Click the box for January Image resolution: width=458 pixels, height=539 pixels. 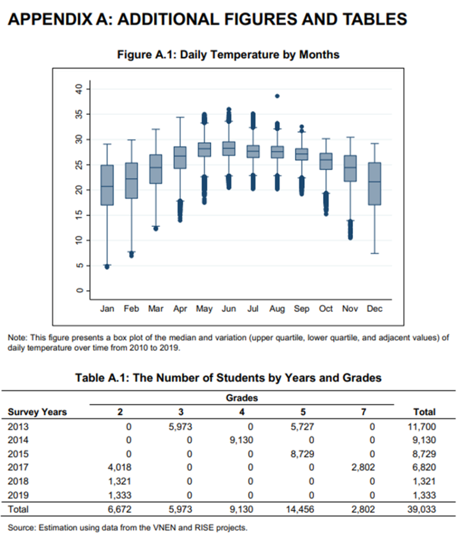[107, 185]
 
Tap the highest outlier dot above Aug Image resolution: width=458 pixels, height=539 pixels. [277, 96]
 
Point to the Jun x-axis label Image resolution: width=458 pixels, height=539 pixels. [229, 309]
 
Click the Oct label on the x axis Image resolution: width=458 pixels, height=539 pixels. [325, 309]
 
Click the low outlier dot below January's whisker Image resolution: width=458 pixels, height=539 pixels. [107, 267]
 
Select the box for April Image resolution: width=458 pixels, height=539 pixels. [180, 157]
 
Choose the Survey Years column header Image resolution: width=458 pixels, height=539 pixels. [37, 412]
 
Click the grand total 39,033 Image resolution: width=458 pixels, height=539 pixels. [422, 509]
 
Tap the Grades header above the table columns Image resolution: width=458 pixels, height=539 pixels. [241, 398]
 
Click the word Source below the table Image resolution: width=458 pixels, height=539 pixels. [21, 527]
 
